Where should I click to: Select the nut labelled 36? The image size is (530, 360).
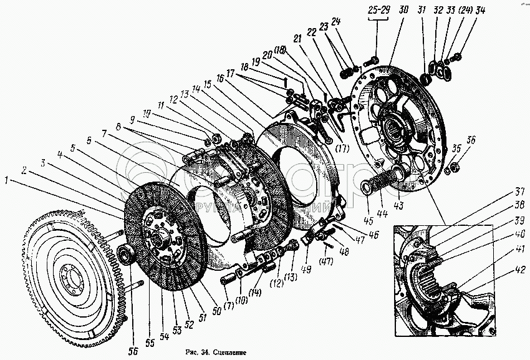(x=455, y=166)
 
